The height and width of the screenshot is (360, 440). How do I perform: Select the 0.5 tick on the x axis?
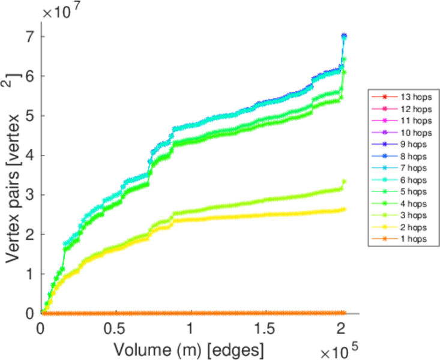coord(115,329)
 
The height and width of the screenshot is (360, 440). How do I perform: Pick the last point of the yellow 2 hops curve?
coord(343,209)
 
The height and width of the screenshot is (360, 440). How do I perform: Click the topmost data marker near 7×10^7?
coord(344,36)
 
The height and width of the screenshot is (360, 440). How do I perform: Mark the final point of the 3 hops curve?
coord(344,182)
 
